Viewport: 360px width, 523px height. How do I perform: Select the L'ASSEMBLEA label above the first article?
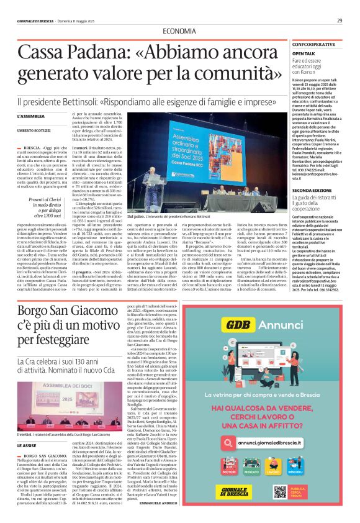(32, 116)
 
